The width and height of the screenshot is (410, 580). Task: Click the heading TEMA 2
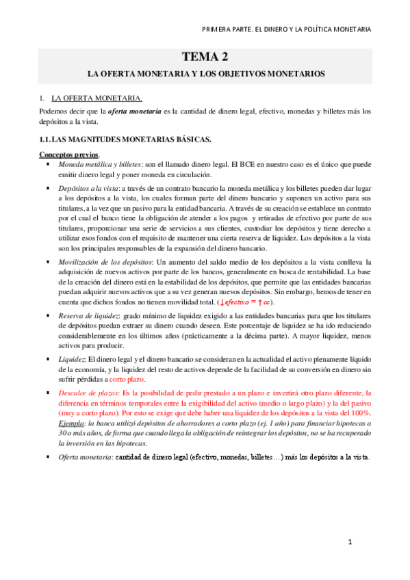pyautogui.click(x=205, y=57)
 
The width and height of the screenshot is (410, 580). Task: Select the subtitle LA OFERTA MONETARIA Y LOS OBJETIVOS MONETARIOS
pyautogui.click(x=205, y=72)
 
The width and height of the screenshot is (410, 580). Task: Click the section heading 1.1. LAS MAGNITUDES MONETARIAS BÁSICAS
pyautogui.click(x=125, y=140)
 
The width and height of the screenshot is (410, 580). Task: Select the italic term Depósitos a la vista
pyautogui.click(x=88, y=187)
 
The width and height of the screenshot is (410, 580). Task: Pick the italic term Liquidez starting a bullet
pyautogui.click(x=71, y=359)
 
